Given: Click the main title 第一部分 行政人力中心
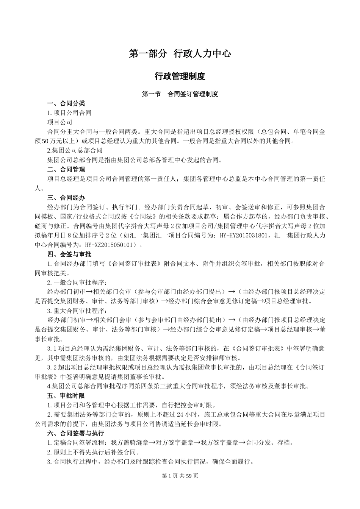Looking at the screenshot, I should tap(180, 54).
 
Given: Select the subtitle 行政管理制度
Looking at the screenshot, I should tap(180, 76).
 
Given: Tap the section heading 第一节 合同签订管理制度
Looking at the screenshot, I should tap(180, 94).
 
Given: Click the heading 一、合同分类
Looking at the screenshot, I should tap(66, 103).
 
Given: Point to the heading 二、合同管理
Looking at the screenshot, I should tap(66, 169).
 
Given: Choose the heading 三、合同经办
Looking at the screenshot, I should tap(66, 198).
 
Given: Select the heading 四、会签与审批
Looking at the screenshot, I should tap(69, 254).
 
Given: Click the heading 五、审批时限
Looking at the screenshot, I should tap(66, 396).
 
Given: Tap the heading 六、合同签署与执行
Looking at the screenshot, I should tap(75, 433).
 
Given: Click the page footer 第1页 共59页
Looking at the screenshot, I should tap(180, 476).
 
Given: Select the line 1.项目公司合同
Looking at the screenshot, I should tap(69, 113).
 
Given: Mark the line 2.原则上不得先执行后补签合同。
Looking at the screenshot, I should tap(93, 452).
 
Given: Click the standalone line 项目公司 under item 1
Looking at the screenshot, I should tap(59, 122).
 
